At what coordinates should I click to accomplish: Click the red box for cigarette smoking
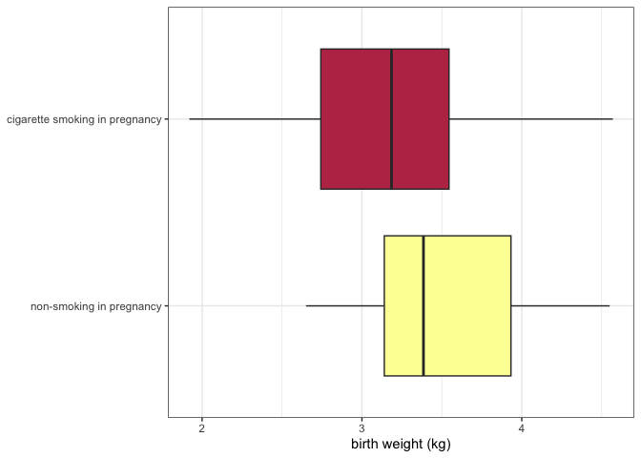coord(355,119)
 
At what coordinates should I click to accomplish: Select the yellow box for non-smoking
coord(467,305)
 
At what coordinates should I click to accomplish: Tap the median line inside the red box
coord(391,119)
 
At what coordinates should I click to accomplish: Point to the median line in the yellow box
coord(423,305)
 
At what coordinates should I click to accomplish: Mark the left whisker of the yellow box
coord(344,306)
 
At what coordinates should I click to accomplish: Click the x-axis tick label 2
coord(202,427)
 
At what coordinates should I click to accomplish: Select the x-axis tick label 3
coord(362,427)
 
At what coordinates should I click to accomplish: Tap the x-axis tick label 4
coord(522,427)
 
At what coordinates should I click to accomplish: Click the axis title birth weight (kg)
coord(401,444)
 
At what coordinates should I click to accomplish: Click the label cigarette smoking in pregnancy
coord(84,120)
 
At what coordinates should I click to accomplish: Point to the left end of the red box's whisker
coord(190,119)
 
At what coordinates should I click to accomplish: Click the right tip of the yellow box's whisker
coord(609,306)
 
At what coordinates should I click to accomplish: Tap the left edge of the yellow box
coord(384,305)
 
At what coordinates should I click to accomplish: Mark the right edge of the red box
coord(448,119)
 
